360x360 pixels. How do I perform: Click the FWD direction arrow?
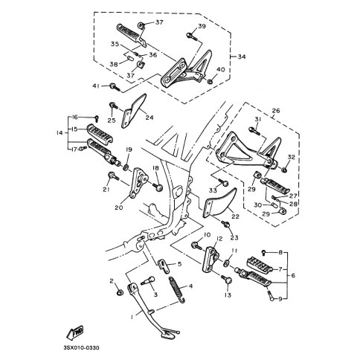[75, 332]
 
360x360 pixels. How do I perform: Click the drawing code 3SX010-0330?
[82, 348]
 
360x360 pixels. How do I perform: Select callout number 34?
[242, 57]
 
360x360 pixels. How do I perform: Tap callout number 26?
[276, 111]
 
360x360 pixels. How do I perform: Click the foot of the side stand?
[169, 332]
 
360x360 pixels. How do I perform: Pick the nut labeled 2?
[120, 293]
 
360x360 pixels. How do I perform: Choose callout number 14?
[60, 133]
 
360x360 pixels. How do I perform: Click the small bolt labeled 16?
[97, 118]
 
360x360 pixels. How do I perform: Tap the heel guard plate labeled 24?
[134, 110]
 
